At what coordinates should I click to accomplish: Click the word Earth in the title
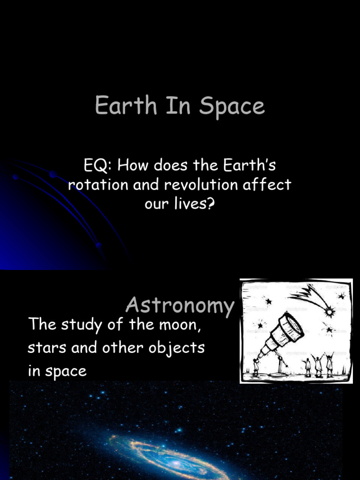pos(119,105)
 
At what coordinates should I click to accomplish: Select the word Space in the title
pos(232,106)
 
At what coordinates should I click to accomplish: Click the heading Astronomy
pos(180,306)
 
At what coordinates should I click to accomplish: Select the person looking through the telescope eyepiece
pos(256,367)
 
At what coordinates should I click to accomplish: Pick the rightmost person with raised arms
pos(330,364)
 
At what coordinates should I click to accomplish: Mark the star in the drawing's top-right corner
pos(342,296)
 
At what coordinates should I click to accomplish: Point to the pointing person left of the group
pos(307,366)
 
